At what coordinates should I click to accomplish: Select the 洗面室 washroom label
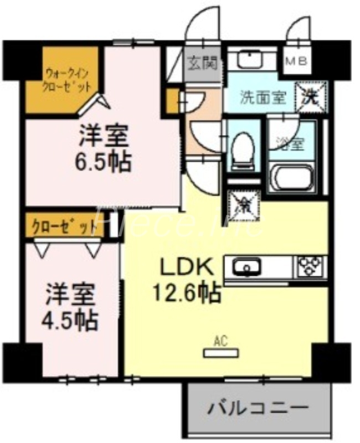(263, 97)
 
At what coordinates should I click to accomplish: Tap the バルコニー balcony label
(258, 410)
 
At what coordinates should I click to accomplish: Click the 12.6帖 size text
(188, 291)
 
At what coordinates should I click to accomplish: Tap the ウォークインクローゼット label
(67, 80)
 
